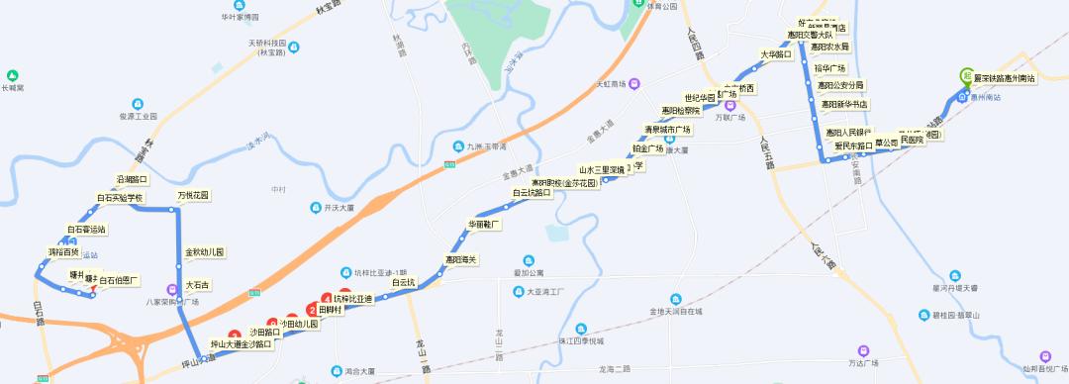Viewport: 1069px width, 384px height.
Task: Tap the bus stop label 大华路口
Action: click(775, 54)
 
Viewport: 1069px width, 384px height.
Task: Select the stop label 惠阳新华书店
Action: click(842, 104)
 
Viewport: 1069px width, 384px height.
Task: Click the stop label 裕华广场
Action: click(829, 68)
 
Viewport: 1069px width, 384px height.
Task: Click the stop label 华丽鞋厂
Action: click(485, 225)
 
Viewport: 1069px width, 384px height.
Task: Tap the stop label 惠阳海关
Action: click(461, 260)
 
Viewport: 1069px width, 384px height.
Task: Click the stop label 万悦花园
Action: click(193, 195)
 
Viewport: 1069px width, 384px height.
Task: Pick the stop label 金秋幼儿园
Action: click(205, 252)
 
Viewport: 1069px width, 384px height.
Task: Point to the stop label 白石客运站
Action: click(86, 230)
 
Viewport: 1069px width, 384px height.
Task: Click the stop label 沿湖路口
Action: click(132, 179)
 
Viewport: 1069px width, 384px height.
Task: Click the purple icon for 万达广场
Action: click(864, 350)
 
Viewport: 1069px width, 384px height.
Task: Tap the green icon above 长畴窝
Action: click(13, 75)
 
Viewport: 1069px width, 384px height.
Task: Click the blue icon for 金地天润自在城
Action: click(675, 297)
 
